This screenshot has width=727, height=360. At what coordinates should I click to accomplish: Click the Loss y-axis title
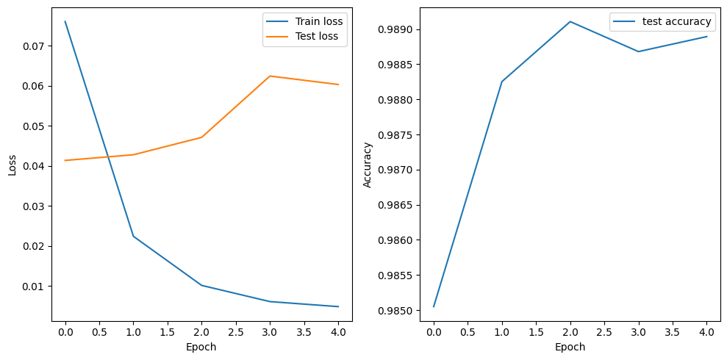(x=12, y=165)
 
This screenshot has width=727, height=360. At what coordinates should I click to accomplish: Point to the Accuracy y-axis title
(x=368, y=165)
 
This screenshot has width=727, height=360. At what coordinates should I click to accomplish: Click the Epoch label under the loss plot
(x=201, y=347)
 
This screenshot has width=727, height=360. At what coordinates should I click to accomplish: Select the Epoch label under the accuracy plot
(x=570, y=347)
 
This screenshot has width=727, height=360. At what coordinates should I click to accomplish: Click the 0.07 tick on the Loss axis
(x=34, y=46)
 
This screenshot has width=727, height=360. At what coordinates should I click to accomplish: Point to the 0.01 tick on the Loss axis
(x=34, y=286)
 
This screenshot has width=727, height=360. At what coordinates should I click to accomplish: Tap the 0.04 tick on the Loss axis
(x=34, y=166)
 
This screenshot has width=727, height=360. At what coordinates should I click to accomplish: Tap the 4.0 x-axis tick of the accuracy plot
(x=706, y=332)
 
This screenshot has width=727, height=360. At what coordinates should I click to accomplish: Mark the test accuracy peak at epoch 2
(x=570, y=21)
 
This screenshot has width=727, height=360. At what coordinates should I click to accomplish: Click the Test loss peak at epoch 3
(x=270, y=76)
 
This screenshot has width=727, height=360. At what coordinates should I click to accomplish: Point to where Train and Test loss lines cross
(x=107, y=156)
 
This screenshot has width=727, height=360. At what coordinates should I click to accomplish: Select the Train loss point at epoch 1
(x=133, y=236)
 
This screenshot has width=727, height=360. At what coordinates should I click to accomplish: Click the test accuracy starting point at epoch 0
(x=434, y=306)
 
